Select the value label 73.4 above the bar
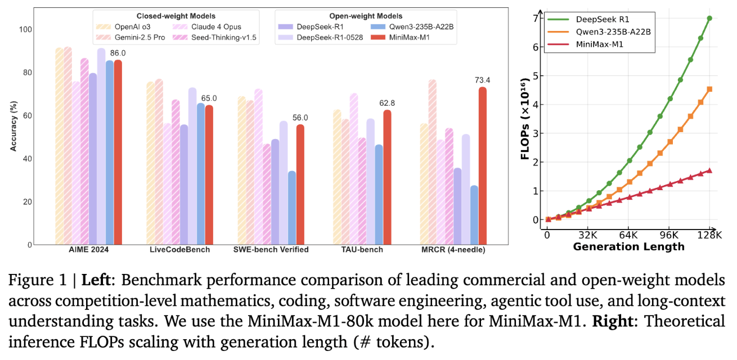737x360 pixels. click(x=482, y=80)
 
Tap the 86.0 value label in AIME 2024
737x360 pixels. click(x=118, y=53)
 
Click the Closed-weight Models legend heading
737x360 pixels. click(x=176, y=16)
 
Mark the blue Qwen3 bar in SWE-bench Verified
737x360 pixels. click(x=292, y=208)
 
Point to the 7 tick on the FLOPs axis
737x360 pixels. click(x=535, y=19)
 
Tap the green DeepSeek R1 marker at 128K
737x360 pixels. click(x=709, y=18)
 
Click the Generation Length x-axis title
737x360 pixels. click(x=628, y=246)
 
